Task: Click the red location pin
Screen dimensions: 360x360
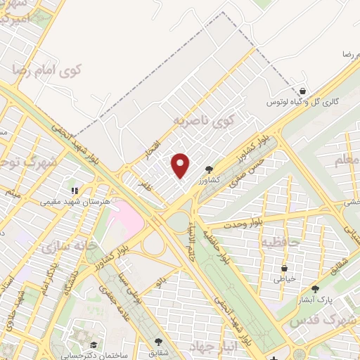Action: click(x=181, y=165)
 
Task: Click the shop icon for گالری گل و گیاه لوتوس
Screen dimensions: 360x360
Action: click(x=302, y=91)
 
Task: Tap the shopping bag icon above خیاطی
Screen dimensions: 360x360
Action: click(x=284, y=268)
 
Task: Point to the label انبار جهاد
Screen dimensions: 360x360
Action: click(x=211, y=346)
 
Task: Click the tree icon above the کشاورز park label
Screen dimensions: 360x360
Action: click(x=209, y=169)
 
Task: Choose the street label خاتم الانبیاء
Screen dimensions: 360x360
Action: click(x=191, y=239)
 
